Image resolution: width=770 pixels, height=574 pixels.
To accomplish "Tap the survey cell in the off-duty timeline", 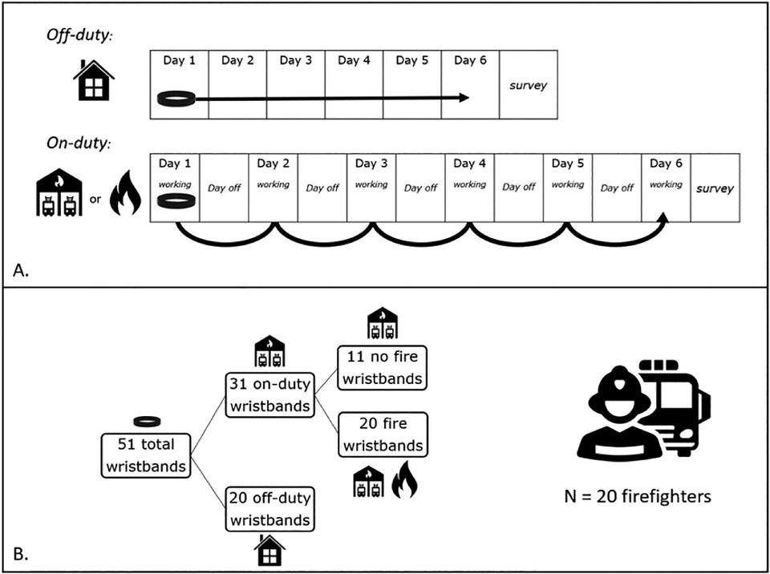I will pyautogui.click(x=528, y=85).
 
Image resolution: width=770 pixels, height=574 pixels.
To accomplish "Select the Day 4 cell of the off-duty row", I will pyautogui.click(x=354, y=85).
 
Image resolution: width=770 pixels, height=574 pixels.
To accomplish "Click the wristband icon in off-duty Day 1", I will pyautogui.click(x=176, y=99).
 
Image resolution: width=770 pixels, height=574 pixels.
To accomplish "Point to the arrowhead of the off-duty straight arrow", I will pyautogui.click(x=464, y=98).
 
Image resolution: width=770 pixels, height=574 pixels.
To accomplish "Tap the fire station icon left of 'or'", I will pyautogui.click(x=60, y=196).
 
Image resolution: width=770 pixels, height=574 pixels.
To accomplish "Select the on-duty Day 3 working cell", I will pyautogui.click(x=371, y=185).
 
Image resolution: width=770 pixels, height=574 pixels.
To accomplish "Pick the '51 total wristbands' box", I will pyautogui.click(x=146, y=455).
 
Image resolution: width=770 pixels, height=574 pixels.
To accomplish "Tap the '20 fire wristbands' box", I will pyautogui.click(x=383, y=435).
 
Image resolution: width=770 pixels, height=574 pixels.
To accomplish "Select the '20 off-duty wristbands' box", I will pyautogui.click(x=269, y=509).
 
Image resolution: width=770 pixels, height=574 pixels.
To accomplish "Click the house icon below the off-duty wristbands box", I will pyautogui.click(x=269, y=552).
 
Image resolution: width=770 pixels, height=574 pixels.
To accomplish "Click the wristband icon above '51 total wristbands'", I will pyautogui.click(x=146, y=421).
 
